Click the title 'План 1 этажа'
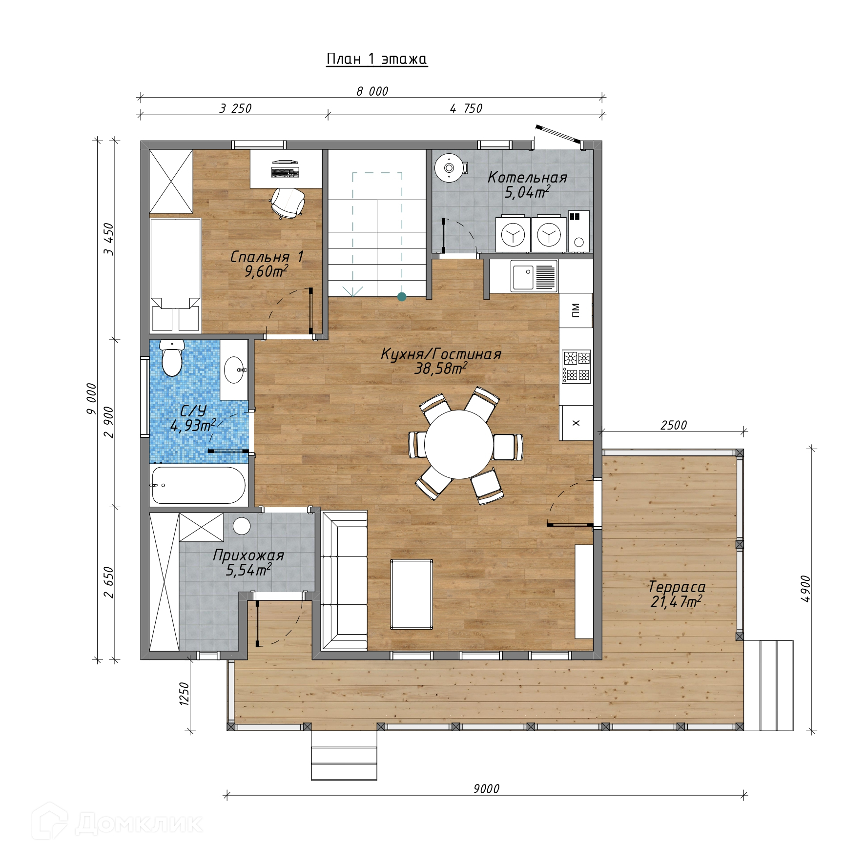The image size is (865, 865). click(377, 60)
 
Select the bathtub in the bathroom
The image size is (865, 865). click(199, 485)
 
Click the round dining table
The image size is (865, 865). click(458, 444)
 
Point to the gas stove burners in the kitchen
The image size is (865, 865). click(577, 366)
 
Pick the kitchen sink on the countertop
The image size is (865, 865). click(534, 276)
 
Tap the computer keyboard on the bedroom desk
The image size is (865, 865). click(285, 172)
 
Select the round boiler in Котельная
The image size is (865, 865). click(449, 168)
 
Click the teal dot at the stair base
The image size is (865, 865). click(402, 296)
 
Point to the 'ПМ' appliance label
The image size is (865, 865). click(576, 310)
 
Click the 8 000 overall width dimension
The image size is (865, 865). click(372, 91)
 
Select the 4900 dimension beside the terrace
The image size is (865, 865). click(805, 588)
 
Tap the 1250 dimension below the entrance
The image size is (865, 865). click(184, 693)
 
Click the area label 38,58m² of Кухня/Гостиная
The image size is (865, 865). click(440, 369)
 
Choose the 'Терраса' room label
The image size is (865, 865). click(677, 587)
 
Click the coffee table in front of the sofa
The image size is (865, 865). click(412, 595)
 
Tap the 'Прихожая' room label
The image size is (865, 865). click(248, 556)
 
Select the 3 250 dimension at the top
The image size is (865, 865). click(235, 108)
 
